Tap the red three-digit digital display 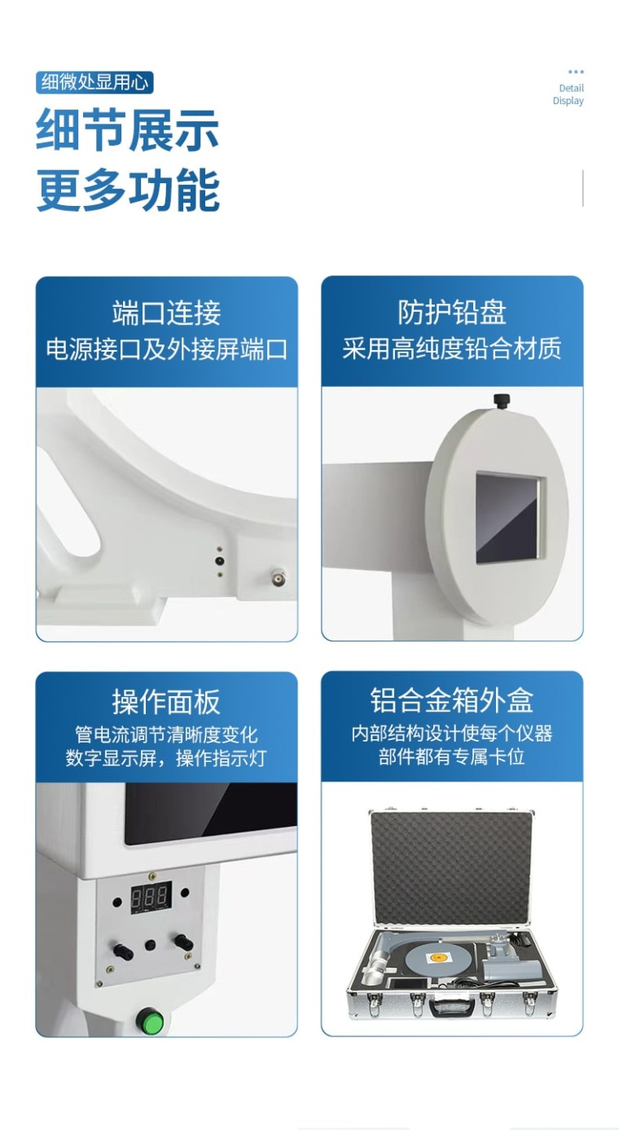[151, 897]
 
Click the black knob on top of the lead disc [502, 401]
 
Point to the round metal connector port [278, 577]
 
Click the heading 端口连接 [166, 313]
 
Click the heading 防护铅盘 [452, 313]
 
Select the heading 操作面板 [166, 702]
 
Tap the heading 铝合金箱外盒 [452, 701]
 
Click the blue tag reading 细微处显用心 [94, 82]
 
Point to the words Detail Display [569, 94]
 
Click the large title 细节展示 [128, 129]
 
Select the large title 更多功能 [128, 190]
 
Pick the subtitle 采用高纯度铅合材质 [452, 348]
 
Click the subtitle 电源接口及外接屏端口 [166, 349]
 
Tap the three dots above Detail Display [576, 72]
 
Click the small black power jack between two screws [219, 561]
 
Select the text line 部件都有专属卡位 [452, 756]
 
